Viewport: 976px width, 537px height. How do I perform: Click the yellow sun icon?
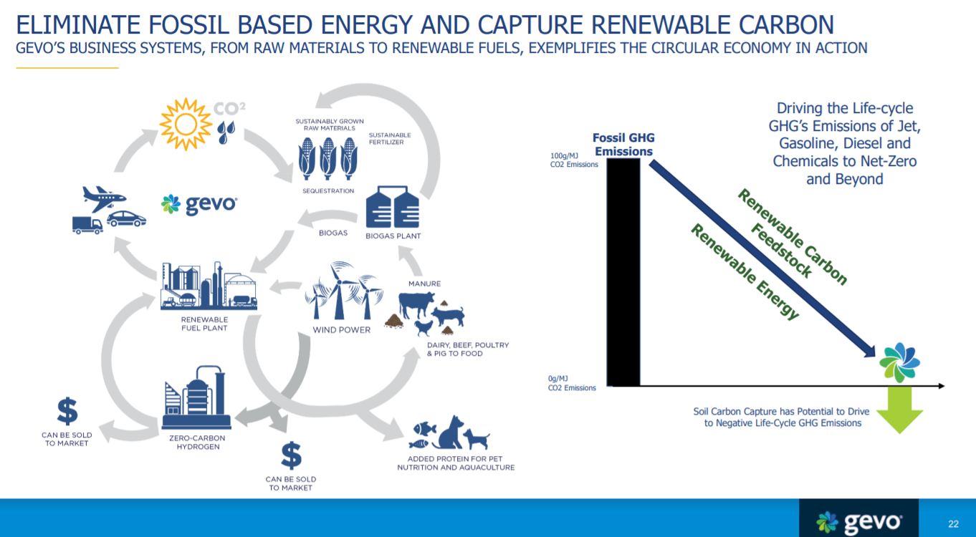click(x=186, y=123)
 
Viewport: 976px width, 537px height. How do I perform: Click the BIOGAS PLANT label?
click(x=393, y=236)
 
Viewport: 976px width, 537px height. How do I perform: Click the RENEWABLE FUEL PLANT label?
click(x=204, y=324)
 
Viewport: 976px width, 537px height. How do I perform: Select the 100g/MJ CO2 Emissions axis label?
click(x=573, y=160)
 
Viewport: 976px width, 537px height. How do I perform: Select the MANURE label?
click(x=424, y=284)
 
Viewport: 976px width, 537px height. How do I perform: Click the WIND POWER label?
click(x=341, y=330)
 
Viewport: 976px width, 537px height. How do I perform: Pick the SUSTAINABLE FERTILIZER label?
click(x=390, y=138)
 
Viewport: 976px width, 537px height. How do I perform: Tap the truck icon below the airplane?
click(x=87, y=224)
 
